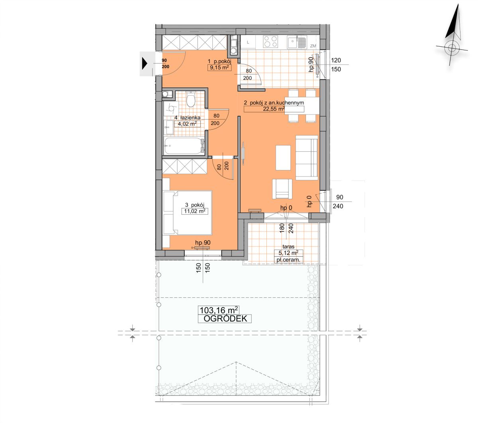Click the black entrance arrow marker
(144, 63)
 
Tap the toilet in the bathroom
(190, 99)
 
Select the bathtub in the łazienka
(184, 146)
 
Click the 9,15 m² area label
(219, 67)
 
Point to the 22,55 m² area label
(274, 109)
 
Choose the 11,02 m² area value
(195, 211)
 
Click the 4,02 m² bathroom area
(187, 123)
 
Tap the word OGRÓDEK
(225, 318)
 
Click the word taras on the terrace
(288, 246)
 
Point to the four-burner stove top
(270, 42)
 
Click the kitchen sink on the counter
(297, 42)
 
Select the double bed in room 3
(187, 212)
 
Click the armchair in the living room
(282, 189)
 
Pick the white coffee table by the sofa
(283, 158)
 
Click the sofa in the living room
(307, 158)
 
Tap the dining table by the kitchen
(302, 105)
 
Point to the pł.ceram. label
(288, 260)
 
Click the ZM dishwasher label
(313, 46)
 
